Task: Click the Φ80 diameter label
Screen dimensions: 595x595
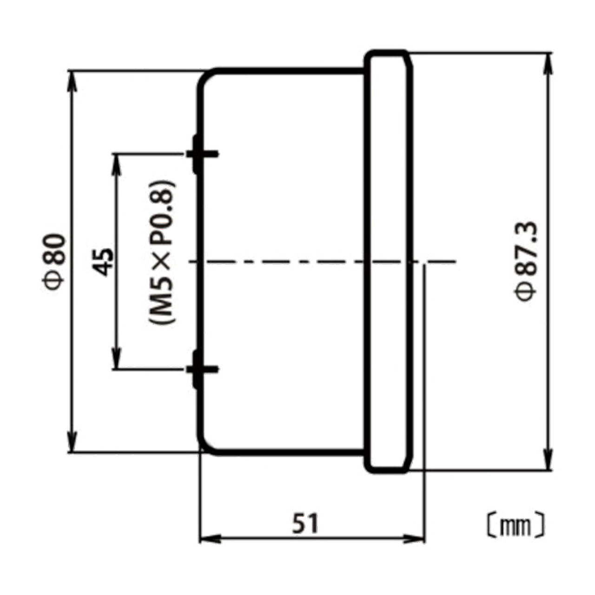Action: pyautogui.click(x=54, y=262)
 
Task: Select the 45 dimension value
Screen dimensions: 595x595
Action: pyautogui.click(x=103, y=262)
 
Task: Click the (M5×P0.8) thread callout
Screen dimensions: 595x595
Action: pyautogui.click(x=162, y=252)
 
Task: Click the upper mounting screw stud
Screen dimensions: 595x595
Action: pyautogui.click(x=202, y=154)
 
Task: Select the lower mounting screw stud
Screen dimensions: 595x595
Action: pyautogui.click(x=202, y=369)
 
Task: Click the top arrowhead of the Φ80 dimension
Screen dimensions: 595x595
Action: pyautogui.click(x=72, y=81)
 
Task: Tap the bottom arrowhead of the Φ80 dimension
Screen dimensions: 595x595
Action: pyautogui.click(x=72, y=443)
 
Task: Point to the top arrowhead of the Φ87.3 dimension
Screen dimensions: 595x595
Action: pyautogui.click(x=548, y=63)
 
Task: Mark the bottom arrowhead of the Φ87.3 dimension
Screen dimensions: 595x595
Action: pyautogui.click(x=548, y=460)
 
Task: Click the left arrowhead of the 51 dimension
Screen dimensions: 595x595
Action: pyautogui.click(x=211, y=539)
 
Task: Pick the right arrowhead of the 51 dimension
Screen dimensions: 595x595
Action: pyautogui.click(x=414, y=539)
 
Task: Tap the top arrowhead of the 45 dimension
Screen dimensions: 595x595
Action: pyautogui.click(x=116, y=164)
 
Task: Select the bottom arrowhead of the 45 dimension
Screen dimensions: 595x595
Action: pyautogui.click(x=116, y=358)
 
